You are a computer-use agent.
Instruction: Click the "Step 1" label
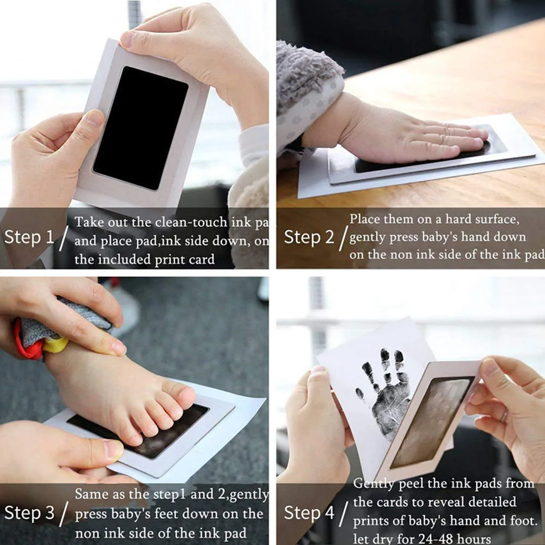pyautogui.click(x=29, y=237)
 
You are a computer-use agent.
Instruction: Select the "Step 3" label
pyautogui.click(x=29, y=513)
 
